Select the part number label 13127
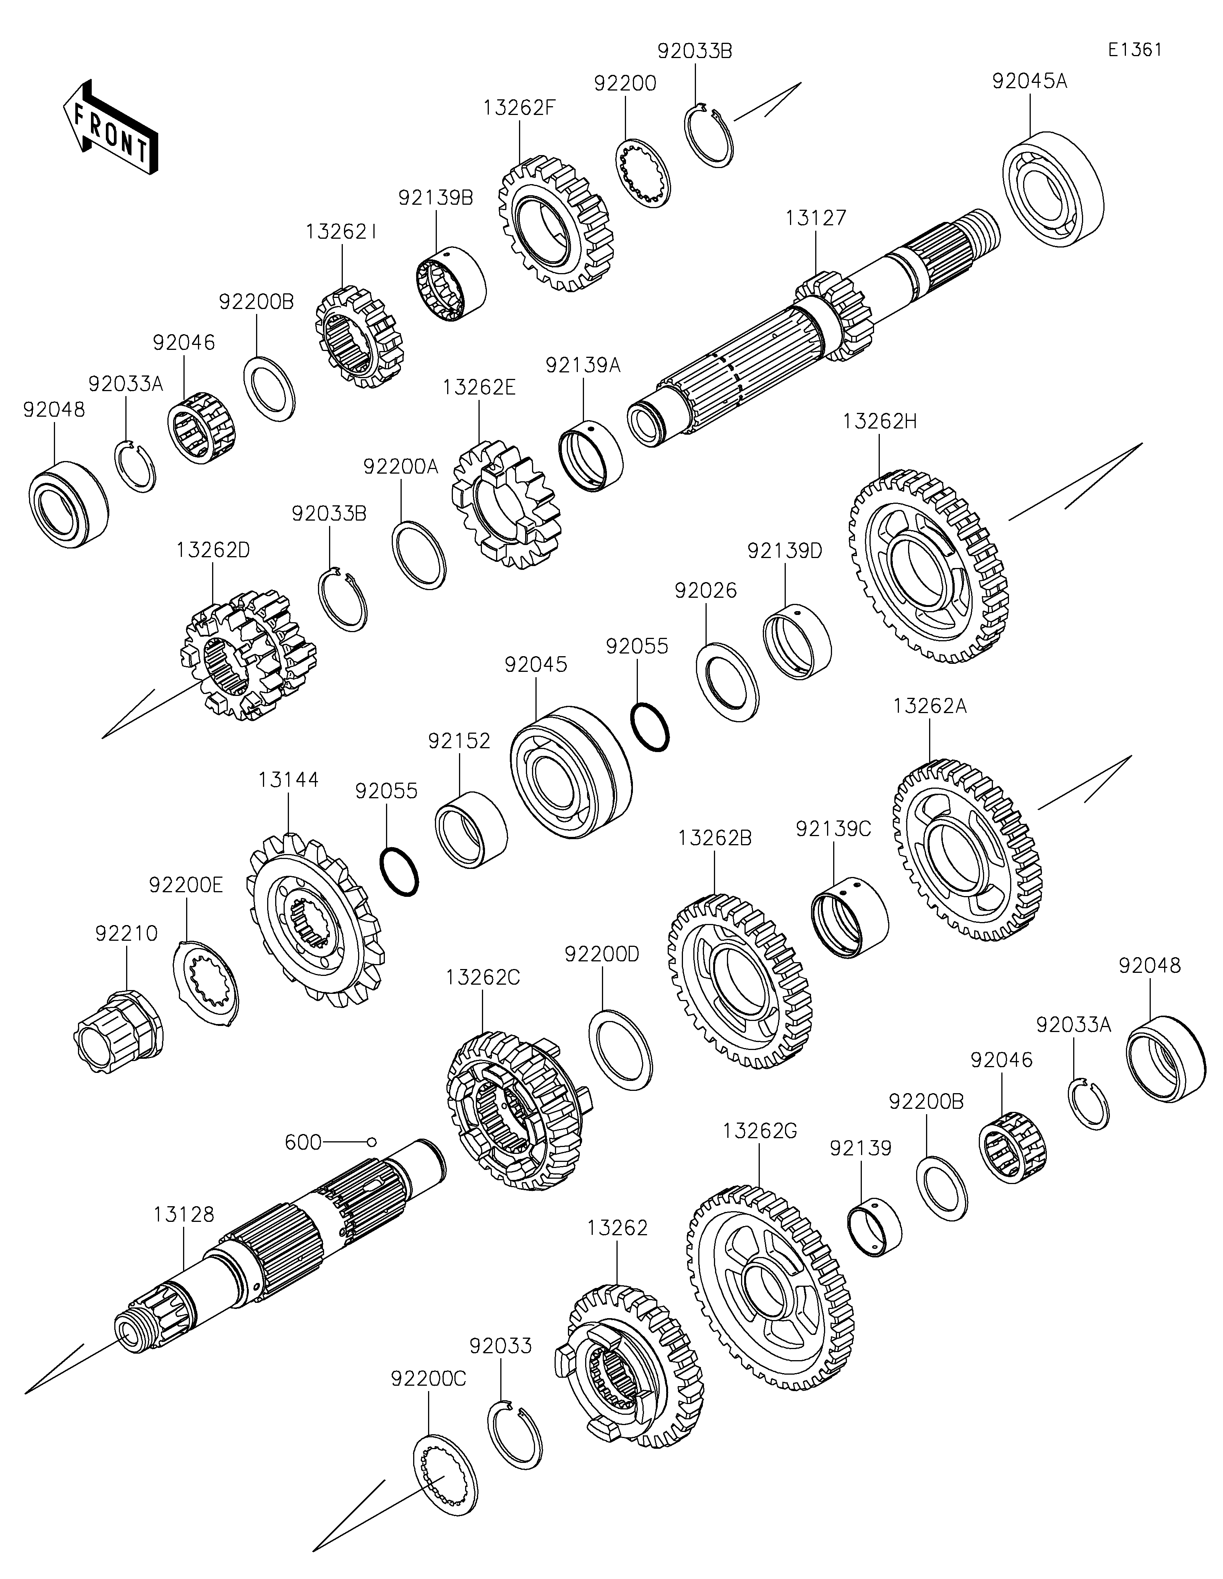(x=816, y=218)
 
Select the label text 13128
(x=184, y=1215)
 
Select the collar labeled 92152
(x=471, y=828)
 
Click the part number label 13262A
(x=929, y=705)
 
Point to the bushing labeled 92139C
(x=850, y=917)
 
